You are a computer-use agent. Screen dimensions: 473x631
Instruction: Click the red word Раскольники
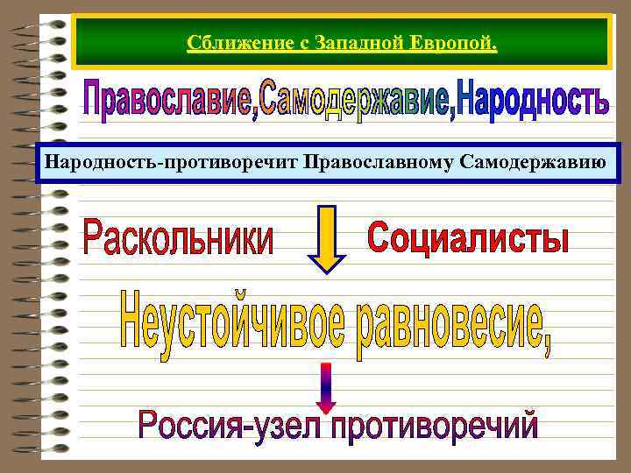click(x=178, y=237)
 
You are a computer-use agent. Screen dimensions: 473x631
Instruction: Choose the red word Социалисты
click(x=467, y=237)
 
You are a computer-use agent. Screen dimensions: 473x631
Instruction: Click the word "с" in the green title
click(x=291, y=44)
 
